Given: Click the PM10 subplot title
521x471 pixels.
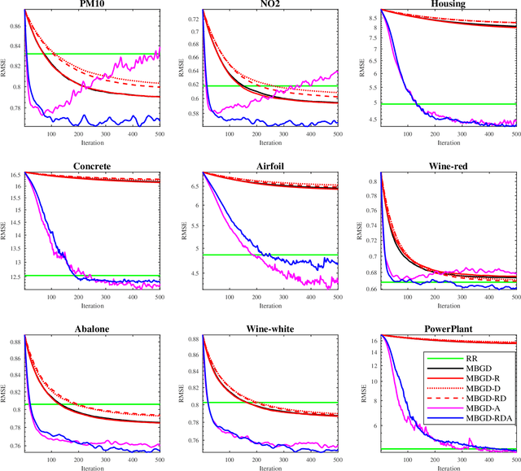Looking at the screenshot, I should pos(91,4).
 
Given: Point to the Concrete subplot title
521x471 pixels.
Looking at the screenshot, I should pos(91,167).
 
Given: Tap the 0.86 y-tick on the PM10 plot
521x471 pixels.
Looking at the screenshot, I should pos(15,27).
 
